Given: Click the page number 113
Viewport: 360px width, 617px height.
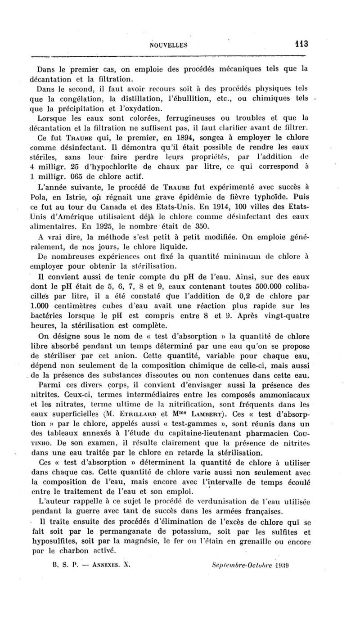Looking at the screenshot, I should tap(298, 44).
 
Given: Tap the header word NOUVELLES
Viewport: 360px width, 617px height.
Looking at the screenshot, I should tap(169, 45).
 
